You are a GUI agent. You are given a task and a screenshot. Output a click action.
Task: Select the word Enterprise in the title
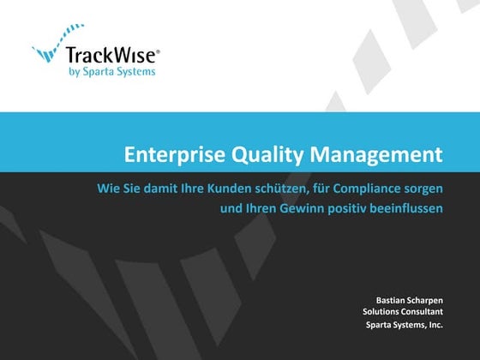click(165, 155)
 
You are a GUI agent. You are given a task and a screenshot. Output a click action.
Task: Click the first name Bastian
click(390, 300)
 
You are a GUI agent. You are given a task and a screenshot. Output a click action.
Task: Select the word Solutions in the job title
click(381, 312)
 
